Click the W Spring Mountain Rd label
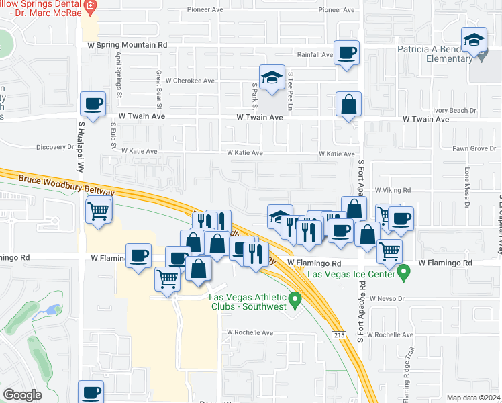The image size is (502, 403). [127, 45]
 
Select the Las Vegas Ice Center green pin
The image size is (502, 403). [403, 273]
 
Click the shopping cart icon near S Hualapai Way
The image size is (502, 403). [99, 212]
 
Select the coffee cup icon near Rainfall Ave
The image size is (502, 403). [346, 52]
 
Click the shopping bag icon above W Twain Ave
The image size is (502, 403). [349, 104]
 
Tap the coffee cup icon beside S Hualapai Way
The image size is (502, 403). [93, 104]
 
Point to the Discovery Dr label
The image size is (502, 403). [55, 147]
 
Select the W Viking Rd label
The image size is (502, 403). [392, 191]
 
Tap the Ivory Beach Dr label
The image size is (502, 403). [454, 110]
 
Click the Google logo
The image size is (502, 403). [22, 395]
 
